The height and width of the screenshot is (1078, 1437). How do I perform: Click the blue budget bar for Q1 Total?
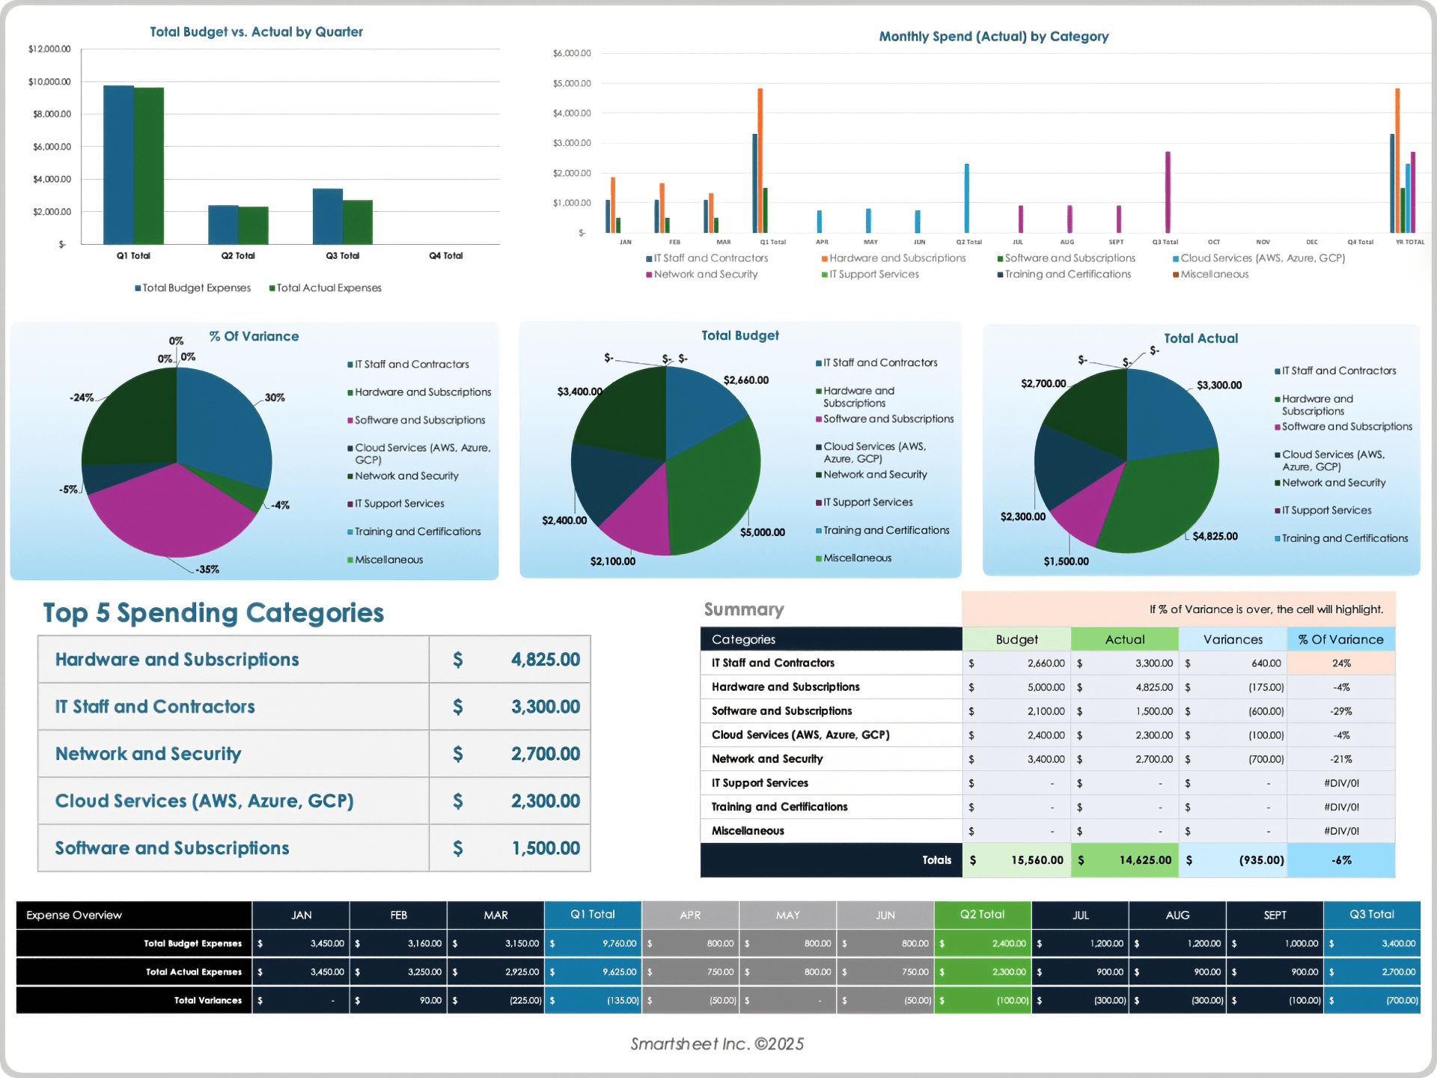coord(118,165)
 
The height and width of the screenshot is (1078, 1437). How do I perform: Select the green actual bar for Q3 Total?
coord(358,222)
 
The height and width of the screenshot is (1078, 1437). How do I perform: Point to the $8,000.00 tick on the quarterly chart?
coord(49,114)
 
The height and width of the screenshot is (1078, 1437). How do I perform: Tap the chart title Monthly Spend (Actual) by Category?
coord(993,37)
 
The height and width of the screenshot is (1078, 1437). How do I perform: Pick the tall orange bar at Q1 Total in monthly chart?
coord(760,160)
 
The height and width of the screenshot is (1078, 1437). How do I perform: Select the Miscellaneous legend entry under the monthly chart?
coord(1214,275)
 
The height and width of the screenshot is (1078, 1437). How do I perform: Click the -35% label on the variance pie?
coord(207,570)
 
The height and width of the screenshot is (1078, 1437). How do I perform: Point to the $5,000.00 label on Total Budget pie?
coord(762,532)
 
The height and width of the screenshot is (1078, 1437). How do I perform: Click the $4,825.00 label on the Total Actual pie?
coord(1215,536)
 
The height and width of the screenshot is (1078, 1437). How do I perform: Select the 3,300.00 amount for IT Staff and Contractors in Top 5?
coord(545,707)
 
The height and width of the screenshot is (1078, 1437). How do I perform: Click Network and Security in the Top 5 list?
coord(148,754)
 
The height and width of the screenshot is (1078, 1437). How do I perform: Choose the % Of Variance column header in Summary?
coord(1340,639)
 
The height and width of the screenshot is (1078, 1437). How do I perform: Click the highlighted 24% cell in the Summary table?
coord(1340,663)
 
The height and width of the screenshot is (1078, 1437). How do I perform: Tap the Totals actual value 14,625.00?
coord(1144,860)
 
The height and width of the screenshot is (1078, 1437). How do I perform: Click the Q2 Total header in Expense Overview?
coord(982,915)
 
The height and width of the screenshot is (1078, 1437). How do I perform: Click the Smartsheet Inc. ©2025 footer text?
coord(717,1044)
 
